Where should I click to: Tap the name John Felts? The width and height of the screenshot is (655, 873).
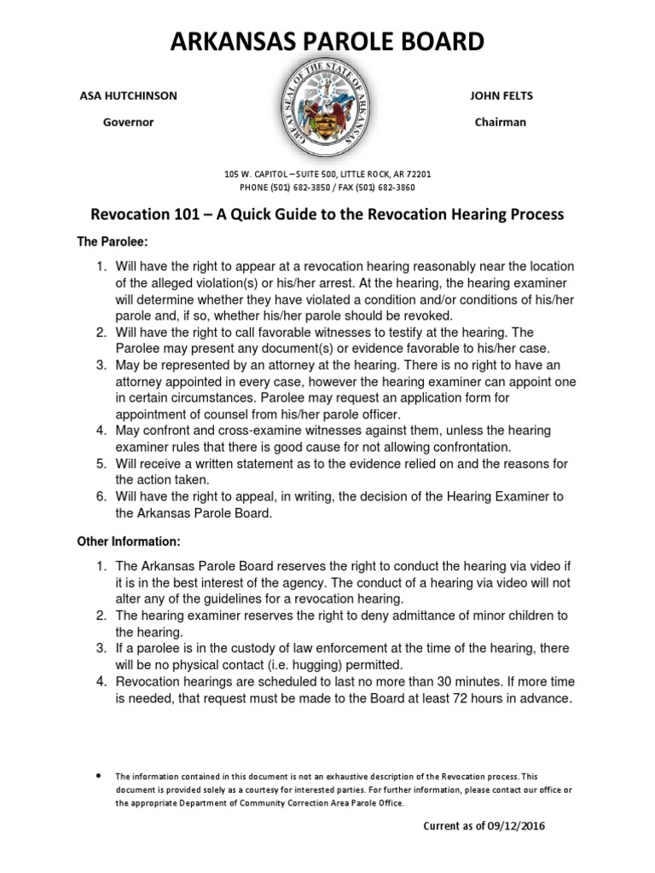pyautogui.click(x=501, y=95)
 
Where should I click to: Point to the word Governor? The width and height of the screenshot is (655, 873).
pyautogui.click(x=128, y=122)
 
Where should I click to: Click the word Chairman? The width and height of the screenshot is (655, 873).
pyautogui.click(x=501, y=122)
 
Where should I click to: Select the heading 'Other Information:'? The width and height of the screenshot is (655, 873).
pyautogui.click(x=129, y=541)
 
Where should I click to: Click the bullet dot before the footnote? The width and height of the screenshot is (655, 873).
pyautogui.click(x=99, y=776)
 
